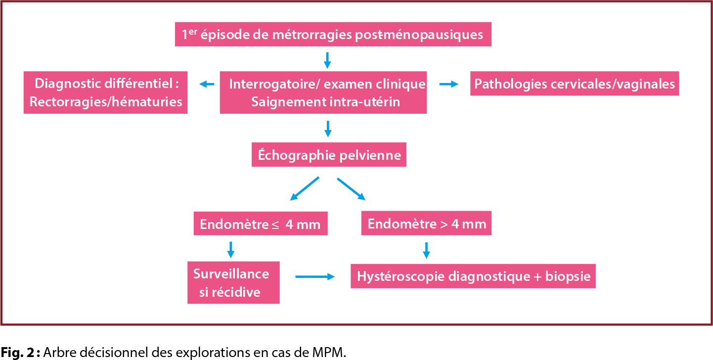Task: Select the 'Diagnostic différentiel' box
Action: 106,92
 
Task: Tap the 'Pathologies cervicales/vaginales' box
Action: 575,84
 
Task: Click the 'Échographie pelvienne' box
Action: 329,155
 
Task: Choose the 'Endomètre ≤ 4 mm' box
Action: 260,225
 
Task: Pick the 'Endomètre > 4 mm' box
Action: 427,224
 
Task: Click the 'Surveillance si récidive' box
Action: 233,282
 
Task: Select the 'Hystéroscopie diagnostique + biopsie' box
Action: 473,276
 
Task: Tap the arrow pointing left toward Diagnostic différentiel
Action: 207,85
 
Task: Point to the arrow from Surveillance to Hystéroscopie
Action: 314,277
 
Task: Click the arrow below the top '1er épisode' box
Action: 326,60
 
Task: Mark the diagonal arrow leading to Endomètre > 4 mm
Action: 351,188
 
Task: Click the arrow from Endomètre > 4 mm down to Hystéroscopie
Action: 426,250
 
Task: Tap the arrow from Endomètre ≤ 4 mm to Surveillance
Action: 230,249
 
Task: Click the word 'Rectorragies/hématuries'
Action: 106,102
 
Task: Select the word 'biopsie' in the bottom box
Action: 568,276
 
